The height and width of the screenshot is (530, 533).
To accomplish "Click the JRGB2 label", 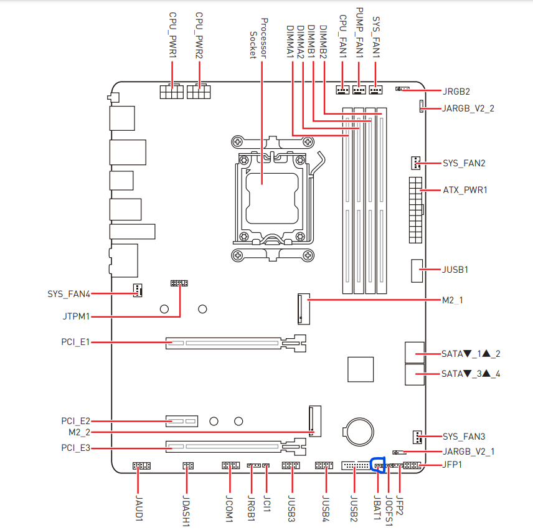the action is click(x=456, y=92).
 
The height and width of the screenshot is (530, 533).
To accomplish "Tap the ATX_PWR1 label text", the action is click(x=465, y=190).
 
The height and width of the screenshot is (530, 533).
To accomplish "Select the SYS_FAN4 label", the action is click(x=68, y=294).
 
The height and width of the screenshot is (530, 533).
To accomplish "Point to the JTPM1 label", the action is click(x=76, y=316).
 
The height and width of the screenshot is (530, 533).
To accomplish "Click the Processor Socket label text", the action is click(x=258, y=39).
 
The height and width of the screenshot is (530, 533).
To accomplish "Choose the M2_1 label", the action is click(x=453, y=300).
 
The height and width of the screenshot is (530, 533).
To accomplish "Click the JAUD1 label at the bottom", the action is click(x=139, y=508).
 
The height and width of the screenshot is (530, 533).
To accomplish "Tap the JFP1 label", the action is click(x=452, y=465).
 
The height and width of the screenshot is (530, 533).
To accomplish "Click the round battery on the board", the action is click(x=359, y=432).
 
